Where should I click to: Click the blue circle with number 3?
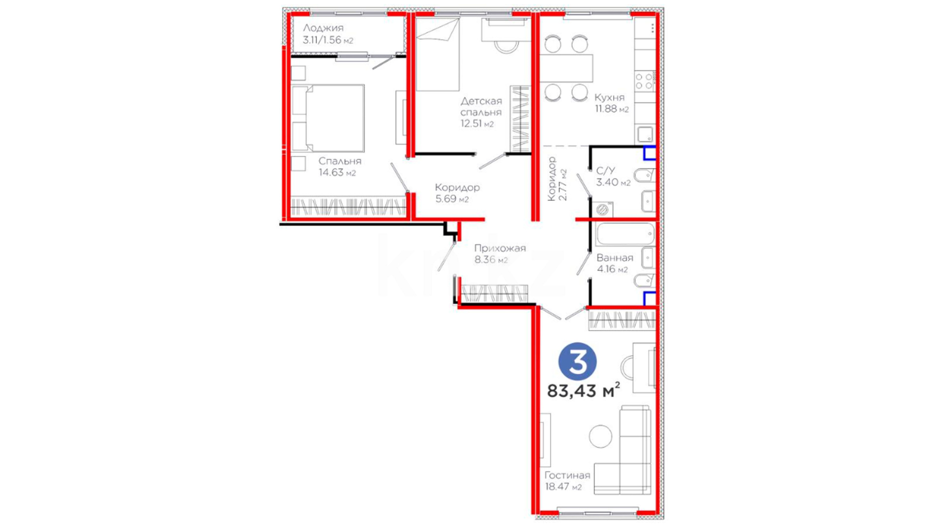[577, 362]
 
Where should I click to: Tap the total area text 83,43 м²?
[584, 390]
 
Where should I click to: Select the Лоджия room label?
[323, 28]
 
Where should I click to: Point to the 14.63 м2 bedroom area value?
[337, 173]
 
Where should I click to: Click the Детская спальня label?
[481, 107]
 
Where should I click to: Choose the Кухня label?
[609, 97]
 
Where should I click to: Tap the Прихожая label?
[500, 248]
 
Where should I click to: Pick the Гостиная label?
[567, 475]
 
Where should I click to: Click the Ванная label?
[615, 258]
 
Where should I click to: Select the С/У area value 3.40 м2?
[613, 182]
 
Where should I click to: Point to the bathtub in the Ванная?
[625, 234]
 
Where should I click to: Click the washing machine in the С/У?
[602, 209]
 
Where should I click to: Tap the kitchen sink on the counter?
[645, 134]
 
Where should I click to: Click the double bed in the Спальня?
[328, 118]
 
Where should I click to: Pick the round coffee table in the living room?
[600, 436]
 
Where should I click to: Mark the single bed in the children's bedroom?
[438, 55]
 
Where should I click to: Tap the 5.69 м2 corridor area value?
[452, 199]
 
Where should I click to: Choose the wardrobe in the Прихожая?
[494, 294]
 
